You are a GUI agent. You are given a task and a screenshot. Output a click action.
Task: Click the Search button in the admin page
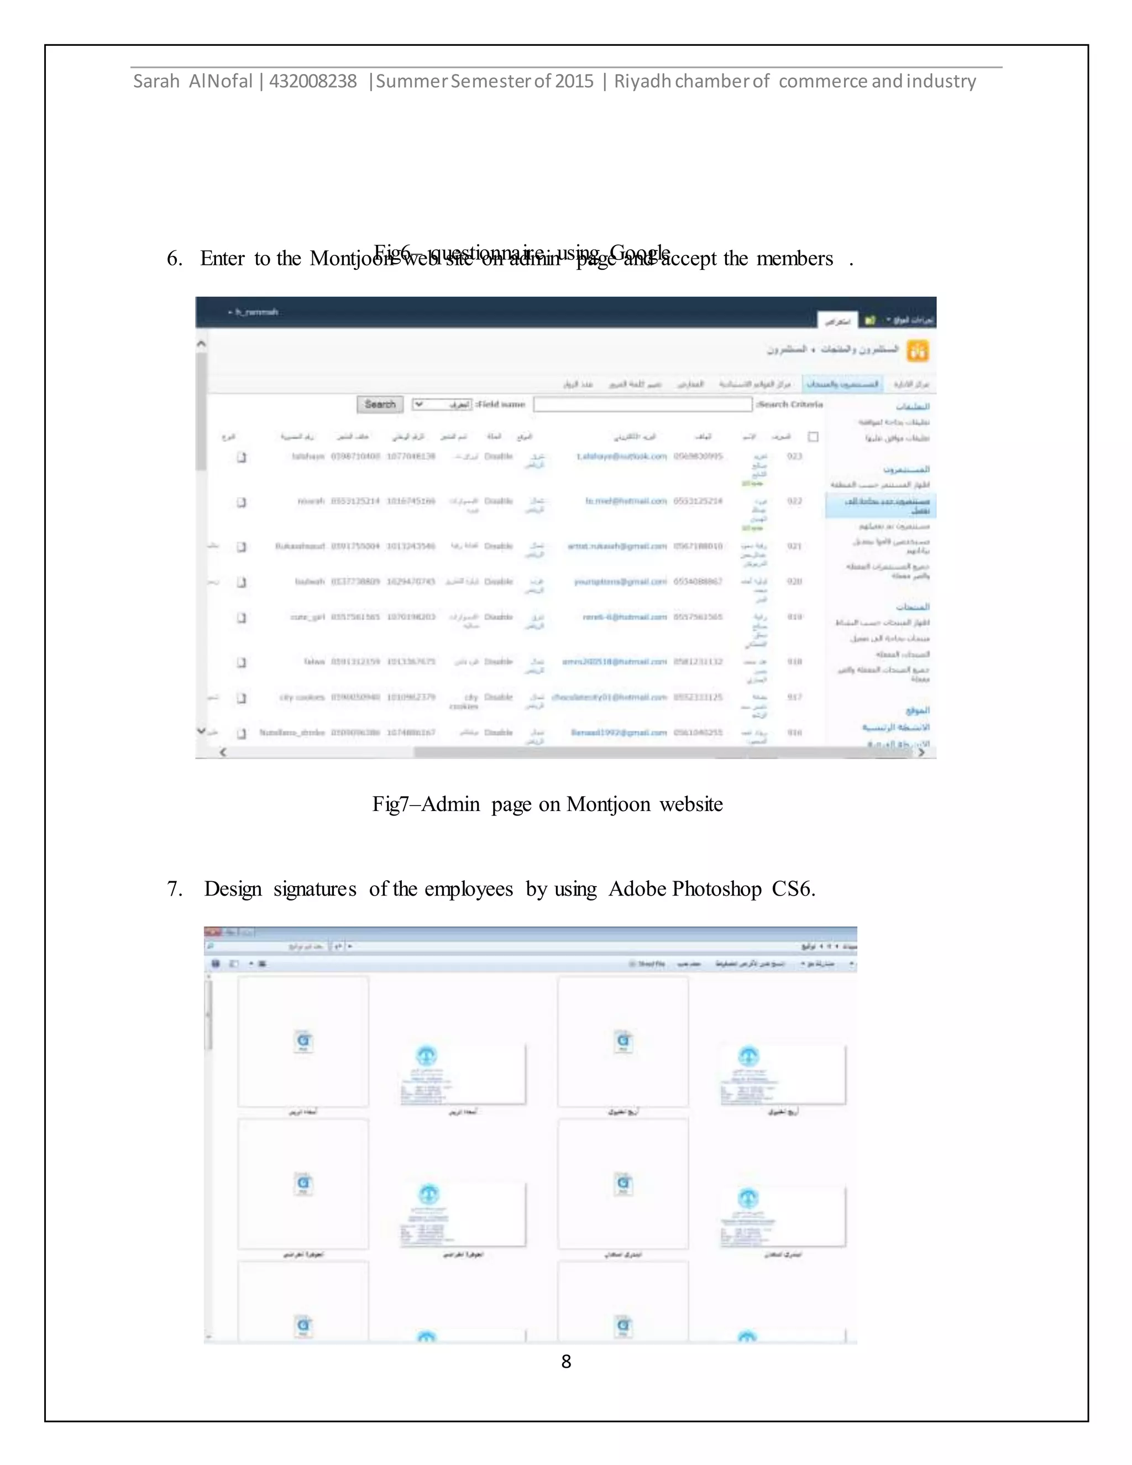point(380,405)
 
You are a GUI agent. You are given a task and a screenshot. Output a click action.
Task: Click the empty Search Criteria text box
point(642,405)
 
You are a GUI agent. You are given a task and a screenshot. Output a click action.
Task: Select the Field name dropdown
point(443,405)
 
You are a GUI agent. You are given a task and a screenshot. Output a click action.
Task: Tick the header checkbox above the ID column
point(813,437)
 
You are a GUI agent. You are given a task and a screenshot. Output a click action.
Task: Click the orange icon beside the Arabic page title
point(918,350)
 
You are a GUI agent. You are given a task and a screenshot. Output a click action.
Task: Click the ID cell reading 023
point(795,457)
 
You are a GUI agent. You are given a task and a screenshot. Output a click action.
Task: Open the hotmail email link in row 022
point(626,501)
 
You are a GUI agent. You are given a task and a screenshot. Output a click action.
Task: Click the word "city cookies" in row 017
point(302,697)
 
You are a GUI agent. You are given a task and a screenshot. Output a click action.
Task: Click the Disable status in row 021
point(498,546)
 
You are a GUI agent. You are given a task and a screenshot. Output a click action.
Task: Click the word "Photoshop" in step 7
point(716,889)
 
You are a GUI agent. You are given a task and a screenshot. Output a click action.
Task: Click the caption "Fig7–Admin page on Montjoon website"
point(547,804)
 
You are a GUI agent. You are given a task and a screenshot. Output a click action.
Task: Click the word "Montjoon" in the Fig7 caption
point(607,804)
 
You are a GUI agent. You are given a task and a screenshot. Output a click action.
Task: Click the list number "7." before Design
point(174,889)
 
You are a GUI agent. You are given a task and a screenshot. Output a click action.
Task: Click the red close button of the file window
point(212,932)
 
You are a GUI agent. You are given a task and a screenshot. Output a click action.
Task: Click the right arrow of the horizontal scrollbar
point(921,752)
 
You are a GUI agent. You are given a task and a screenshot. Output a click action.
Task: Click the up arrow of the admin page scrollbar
point(201,343)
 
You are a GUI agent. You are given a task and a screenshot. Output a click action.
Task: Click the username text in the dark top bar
point(255,312)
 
